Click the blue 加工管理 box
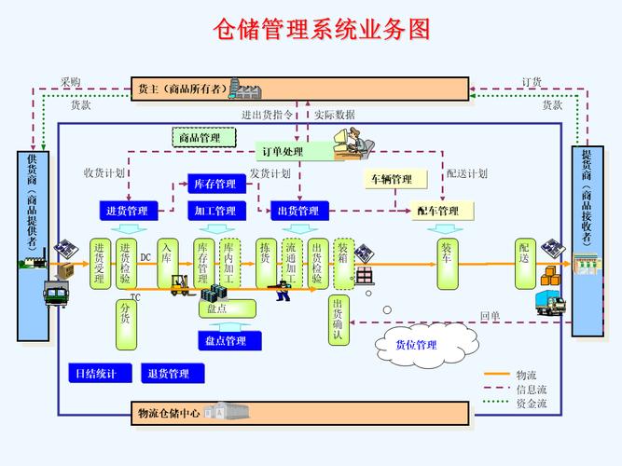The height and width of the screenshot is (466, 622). (215, 211)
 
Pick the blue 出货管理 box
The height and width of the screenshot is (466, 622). (301, 211)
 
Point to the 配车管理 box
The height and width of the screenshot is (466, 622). (437, 211)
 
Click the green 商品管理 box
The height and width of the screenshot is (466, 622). (199, 137)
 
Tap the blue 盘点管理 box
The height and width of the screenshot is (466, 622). (226, 341)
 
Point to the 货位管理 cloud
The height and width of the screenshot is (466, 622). (416, 346)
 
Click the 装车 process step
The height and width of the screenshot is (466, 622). (447, 254)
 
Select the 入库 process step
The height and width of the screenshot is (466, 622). (167, 254)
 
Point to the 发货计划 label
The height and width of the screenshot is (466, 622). (270, 173)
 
